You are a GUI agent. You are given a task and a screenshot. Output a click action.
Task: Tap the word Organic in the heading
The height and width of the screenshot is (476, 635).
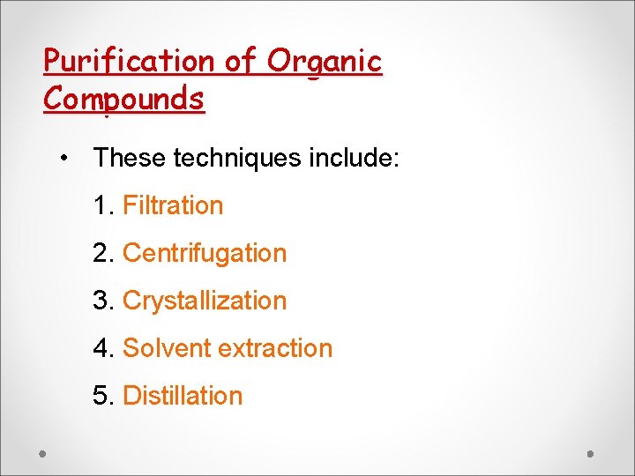325,62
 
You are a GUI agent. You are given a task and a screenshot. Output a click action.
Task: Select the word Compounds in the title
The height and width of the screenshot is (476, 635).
123,99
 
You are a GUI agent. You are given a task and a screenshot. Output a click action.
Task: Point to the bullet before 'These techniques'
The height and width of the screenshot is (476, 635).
64,159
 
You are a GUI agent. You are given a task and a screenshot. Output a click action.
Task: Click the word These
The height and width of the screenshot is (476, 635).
131,159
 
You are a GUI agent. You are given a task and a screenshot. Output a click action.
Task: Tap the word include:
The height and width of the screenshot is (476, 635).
355,159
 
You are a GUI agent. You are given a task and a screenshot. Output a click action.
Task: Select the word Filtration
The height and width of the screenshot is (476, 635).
173,205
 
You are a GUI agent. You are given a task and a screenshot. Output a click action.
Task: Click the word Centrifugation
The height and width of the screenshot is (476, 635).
205,253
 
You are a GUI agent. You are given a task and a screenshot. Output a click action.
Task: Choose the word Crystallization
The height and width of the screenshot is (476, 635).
205,301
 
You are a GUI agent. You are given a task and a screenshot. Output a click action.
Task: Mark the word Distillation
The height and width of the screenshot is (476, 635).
183,396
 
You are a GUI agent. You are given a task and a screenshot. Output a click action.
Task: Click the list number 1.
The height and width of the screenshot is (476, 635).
101,205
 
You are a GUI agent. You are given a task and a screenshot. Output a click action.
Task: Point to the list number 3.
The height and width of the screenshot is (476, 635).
101,301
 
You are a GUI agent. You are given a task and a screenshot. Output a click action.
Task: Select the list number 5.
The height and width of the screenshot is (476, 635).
101,396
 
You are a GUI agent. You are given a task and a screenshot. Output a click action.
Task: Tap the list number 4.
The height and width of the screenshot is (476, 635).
101,348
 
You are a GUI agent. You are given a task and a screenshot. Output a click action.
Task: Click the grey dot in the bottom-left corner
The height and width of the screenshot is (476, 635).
42,454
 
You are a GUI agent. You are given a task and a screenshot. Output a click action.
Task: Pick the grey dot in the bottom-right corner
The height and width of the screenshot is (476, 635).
592,454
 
